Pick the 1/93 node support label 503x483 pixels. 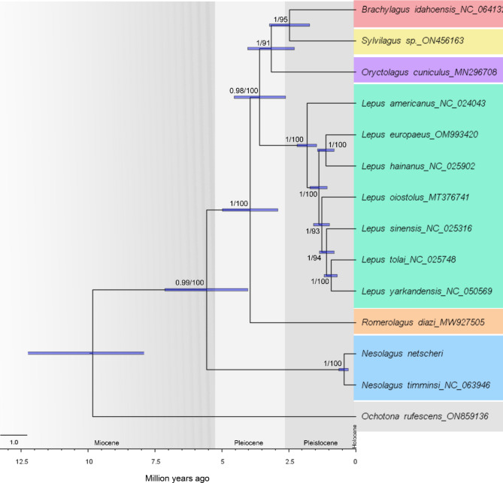click(314, 231)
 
